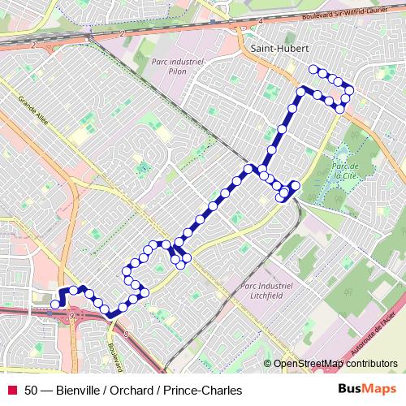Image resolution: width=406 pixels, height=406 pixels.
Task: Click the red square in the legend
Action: (x=12, y=391)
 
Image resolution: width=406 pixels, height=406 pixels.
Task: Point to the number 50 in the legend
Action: (x=32, y=391)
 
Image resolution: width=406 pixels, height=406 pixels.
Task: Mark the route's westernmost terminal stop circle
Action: (x=54, y=304)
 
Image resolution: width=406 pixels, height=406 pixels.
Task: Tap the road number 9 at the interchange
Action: (x=72, y=314)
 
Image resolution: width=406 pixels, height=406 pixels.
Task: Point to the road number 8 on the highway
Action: (x=126, y=334)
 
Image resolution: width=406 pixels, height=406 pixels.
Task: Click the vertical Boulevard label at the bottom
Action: (x=111, y=355)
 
